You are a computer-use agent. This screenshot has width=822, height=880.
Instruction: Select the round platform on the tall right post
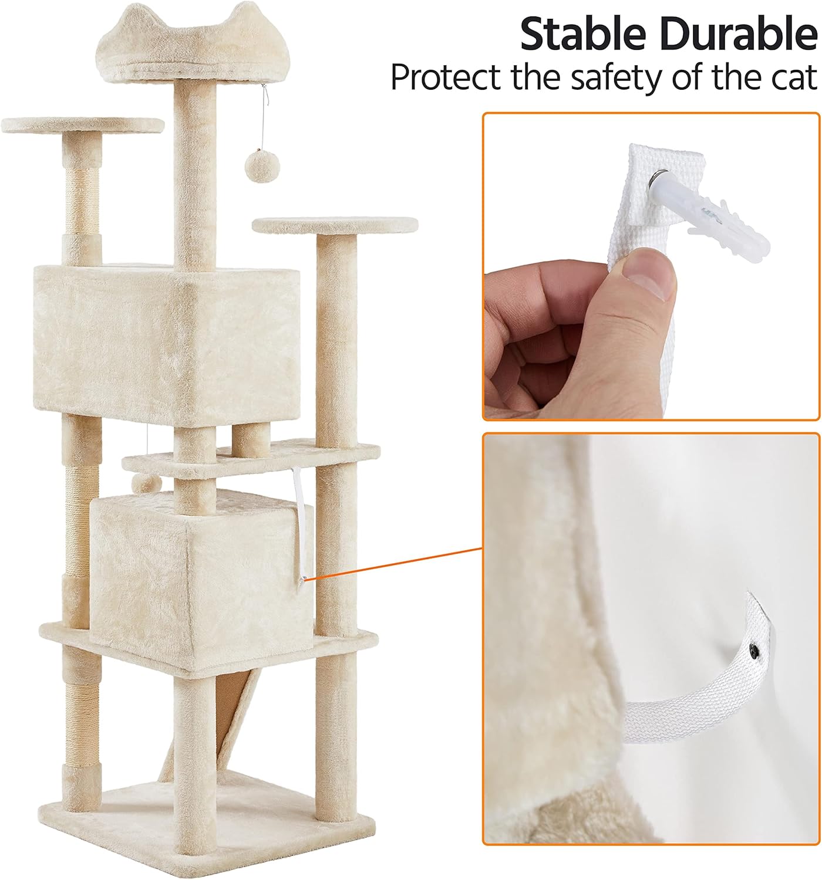pyautogui.click(x=335, y=225)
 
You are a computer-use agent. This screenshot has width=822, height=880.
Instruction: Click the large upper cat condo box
pyautogui.click(x=167, y=343)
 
